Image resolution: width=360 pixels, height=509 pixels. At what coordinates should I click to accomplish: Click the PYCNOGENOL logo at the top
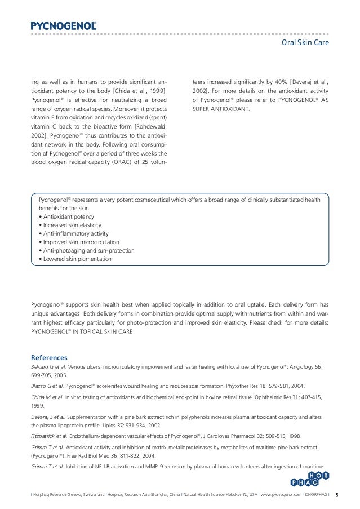click(63, 25)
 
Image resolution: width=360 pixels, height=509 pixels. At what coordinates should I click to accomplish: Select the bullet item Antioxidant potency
click(68, 216)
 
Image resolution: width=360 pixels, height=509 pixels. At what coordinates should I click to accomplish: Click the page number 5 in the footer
click(337, 496)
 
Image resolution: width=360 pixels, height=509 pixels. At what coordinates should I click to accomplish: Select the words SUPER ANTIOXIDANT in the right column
click(220, 108)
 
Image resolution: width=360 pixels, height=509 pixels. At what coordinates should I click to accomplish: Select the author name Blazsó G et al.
click(47, 386)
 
